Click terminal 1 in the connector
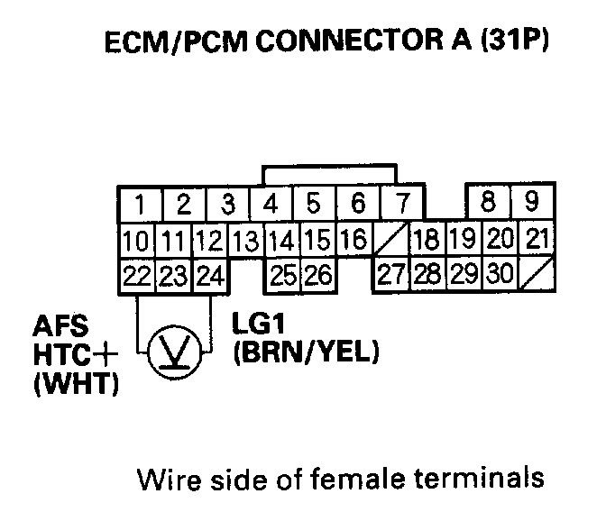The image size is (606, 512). tap(138, 204)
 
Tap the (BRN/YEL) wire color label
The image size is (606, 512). tap(302, 353)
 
